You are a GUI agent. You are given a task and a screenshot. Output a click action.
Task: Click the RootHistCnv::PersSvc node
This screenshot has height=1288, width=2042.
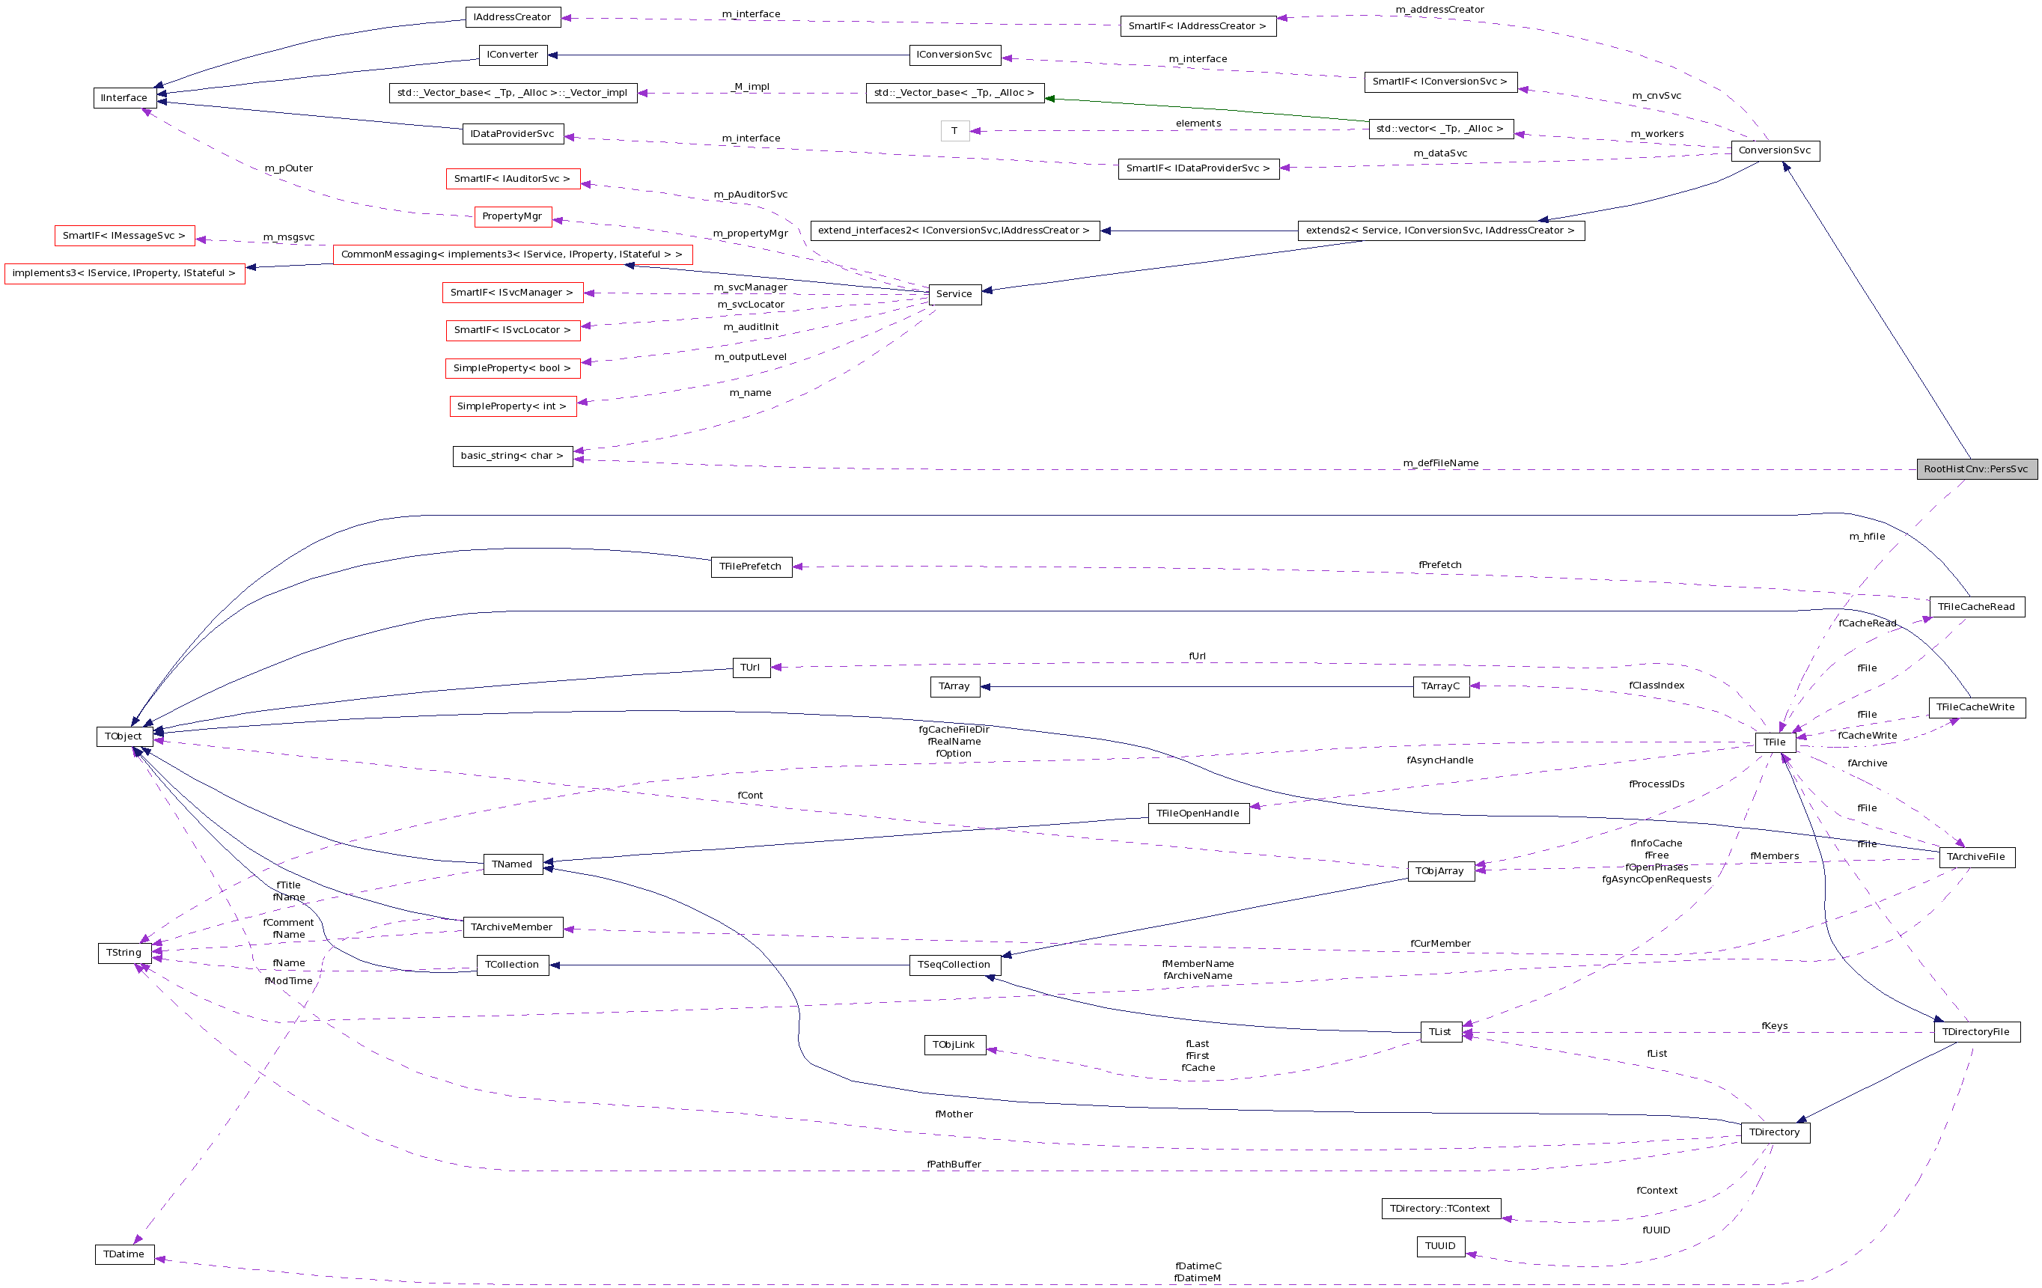(x=1976, y=469)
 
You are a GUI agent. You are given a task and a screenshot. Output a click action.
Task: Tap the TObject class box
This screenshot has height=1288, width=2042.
(x=124, y=736)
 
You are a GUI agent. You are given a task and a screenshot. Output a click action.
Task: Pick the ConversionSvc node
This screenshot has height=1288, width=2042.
(x=1774, y=151)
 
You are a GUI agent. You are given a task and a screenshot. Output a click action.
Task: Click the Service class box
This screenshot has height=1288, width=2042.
(x=954, y=294)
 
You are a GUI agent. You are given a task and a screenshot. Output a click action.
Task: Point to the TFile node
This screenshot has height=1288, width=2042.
(x=1774, y=742)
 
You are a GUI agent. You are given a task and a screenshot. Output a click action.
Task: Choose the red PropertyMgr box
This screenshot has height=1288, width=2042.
(x=512, y=216)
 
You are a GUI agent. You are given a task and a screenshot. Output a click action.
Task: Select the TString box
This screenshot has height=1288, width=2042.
(x=124, y=952)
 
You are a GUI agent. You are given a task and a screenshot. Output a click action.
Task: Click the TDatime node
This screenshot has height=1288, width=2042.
(x=124, y=1254)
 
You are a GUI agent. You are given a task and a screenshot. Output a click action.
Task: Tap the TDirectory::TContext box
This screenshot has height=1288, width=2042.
(x=1440, y=1208)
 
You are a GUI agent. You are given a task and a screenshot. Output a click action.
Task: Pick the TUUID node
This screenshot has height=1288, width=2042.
(x=1440, y=1245)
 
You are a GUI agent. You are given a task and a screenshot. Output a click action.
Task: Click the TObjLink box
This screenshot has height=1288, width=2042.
(x=954, y=1045)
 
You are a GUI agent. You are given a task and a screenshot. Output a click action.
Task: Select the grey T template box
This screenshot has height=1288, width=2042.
(x=954, y=130)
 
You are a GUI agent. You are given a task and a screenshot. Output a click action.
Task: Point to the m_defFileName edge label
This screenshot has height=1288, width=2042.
(x=1440, y=463)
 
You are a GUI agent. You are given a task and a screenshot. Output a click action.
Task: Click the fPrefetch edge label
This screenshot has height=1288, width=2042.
(x=1440, y=565)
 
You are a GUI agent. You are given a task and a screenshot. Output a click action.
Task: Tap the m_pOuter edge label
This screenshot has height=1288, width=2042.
(x=288, y=168)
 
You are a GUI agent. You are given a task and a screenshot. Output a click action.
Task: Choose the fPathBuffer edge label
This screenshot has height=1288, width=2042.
(x=954, y=1165)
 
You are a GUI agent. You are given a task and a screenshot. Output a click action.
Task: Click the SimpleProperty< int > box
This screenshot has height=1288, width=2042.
(x=512, y=406)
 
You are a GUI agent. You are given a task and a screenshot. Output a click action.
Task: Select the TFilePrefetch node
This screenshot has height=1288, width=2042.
(x=751, y=567)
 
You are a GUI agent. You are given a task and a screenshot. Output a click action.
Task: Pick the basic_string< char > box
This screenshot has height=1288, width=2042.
(x=512, y=455)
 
